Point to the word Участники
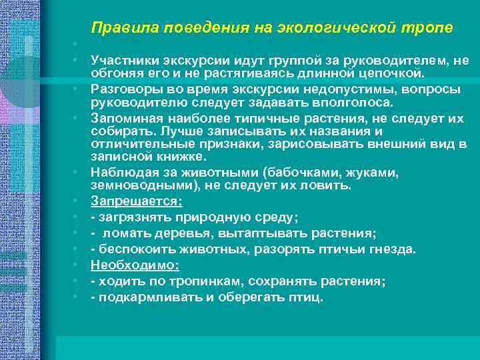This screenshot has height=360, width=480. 121,61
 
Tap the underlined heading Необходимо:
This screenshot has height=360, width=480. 135,265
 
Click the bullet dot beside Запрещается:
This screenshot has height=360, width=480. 77,201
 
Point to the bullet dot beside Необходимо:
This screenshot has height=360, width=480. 77,265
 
